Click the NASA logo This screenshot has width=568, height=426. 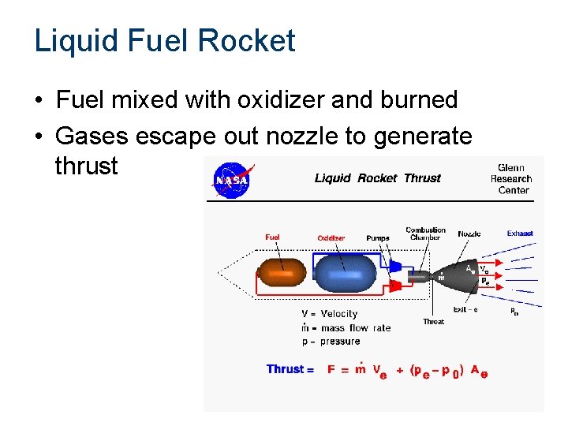click(232, 181)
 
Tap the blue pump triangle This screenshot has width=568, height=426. click(396, 266)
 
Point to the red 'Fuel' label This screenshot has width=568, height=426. click(272, 237)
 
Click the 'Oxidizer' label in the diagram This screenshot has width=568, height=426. click(331, 238)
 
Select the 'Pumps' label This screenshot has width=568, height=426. click(378, 238)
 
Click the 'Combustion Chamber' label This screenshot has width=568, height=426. click(425, 234)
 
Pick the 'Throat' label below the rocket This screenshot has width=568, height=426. click(433, 322)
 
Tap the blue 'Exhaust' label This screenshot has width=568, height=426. click(520, 234)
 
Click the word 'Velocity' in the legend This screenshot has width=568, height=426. click(338, 314)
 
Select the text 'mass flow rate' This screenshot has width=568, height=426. click(355, 328)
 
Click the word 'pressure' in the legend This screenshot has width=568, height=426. click(340, 342)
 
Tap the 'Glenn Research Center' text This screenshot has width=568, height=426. click(511, 178)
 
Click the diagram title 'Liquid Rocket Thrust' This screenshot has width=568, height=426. click(378, 178)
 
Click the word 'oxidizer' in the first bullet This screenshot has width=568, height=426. click(265, 100)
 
